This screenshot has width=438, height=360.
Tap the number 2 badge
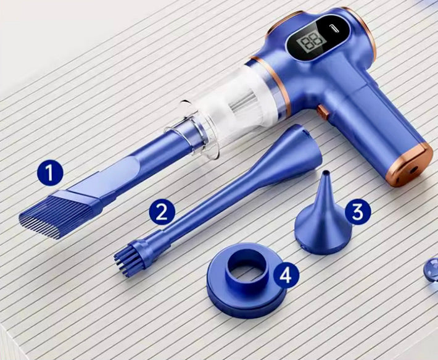(162, 212)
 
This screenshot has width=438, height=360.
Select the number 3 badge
(358, 212)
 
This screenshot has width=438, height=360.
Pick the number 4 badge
(286, 275)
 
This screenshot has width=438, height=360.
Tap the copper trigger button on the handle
(323, 112)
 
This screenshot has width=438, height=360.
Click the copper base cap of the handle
(410, 165)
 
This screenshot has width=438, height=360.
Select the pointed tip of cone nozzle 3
(326, 173)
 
